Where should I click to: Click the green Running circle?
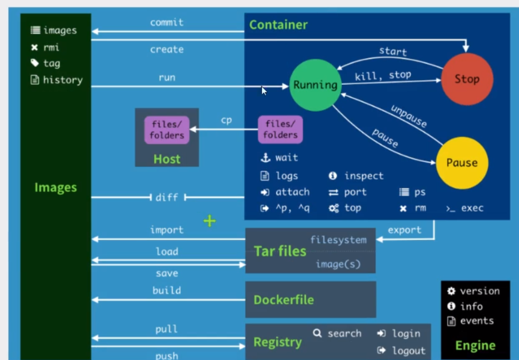pyautogui.click(x=315, y=85)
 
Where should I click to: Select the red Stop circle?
pyautogui.click(x=466, y=79)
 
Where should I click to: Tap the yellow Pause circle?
pyautogui.click(x=461, y=163)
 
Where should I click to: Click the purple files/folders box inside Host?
pyautogui.click(x=167, y=130)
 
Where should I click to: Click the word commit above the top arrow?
pyautogui.click(x=167, y=23)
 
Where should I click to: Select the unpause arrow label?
pyautogui.click(x=408, y=116)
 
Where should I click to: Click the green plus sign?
pyautogui.click(x=209, y=221)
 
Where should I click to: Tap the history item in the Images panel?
pyautogui.click(x=63, y=80)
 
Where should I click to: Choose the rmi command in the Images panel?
pyautogui.click(x=51, y=48)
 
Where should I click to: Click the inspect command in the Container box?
pyautogui.click(x=363, y=176)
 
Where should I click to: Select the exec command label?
pyautogui.click(x=472, y=208)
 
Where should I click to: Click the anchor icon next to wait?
pyautogui.click(x=265, y=158)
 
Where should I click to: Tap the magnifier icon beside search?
pyautogui.click(x=317, y=333)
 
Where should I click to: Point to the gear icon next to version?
pyautogui.click(x=451, y=291)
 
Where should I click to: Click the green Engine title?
pyautogui.click(x=475, y=345)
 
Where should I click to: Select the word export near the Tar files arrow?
pyautogui.click(x=404, y=230)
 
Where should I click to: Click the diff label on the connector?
pyautogui.click(x=167, y=197)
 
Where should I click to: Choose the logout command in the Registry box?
pyautogui.click(x=408, y=350)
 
